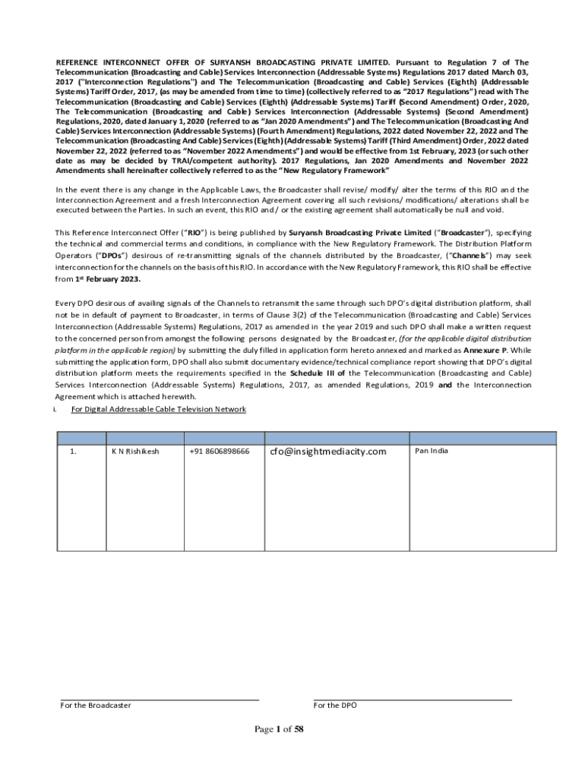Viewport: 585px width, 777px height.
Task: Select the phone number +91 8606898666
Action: click(x=219, y=451)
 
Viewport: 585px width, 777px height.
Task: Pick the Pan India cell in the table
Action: click(x=432, y=451)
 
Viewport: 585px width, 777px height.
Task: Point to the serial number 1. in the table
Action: click(x=73, y=451)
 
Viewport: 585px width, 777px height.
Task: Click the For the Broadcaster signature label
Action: click(x=96, y=706)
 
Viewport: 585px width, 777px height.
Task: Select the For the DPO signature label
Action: click(x=335, y=706)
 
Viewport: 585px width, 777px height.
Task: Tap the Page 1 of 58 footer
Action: click(x=279, y=730)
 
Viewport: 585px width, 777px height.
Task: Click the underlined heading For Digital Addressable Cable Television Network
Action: click(x=158, y=410)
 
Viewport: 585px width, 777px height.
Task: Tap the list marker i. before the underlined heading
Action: click(x=55, y=410)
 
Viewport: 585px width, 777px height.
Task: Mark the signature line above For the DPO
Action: click(x=413, y=700)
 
